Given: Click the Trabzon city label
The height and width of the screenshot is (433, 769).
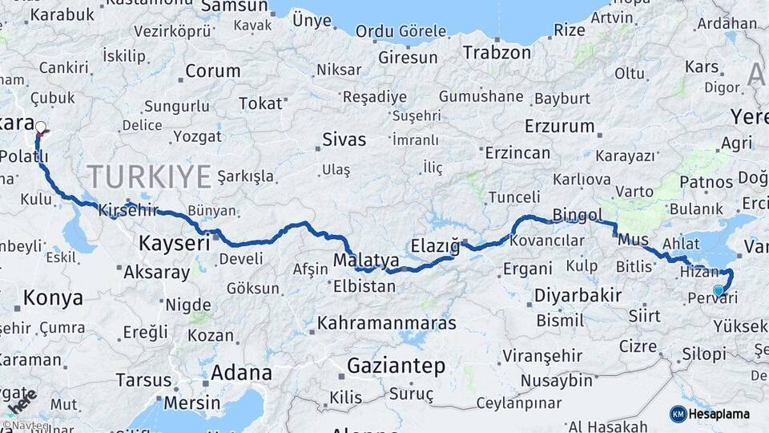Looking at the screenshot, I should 497,54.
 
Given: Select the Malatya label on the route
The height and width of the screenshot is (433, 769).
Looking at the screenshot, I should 365,261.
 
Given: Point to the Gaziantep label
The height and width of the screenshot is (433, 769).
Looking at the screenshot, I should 396,366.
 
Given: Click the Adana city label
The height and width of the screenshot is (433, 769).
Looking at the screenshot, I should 240,373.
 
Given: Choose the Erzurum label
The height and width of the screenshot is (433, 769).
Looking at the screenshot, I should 560,127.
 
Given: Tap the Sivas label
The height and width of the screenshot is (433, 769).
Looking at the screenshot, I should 344,140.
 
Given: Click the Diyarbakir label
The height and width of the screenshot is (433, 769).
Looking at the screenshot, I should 578,295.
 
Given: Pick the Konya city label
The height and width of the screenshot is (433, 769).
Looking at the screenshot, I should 53,298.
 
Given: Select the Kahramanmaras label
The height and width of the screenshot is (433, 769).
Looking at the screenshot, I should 387,323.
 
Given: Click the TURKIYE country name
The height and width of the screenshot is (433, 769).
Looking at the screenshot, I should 150,176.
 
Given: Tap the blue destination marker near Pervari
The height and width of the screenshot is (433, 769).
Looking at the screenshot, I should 719,291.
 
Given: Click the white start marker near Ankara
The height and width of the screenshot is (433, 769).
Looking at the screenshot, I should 40,127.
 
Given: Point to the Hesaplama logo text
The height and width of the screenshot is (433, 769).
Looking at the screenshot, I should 721,414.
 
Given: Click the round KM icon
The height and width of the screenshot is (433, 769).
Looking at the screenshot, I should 678,414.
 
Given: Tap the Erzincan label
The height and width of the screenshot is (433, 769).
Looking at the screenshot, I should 517,153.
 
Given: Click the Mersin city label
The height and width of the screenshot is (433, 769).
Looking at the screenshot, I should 193,403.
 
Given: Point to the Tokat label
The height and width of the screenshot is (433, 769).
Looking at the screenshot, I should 260,103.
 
